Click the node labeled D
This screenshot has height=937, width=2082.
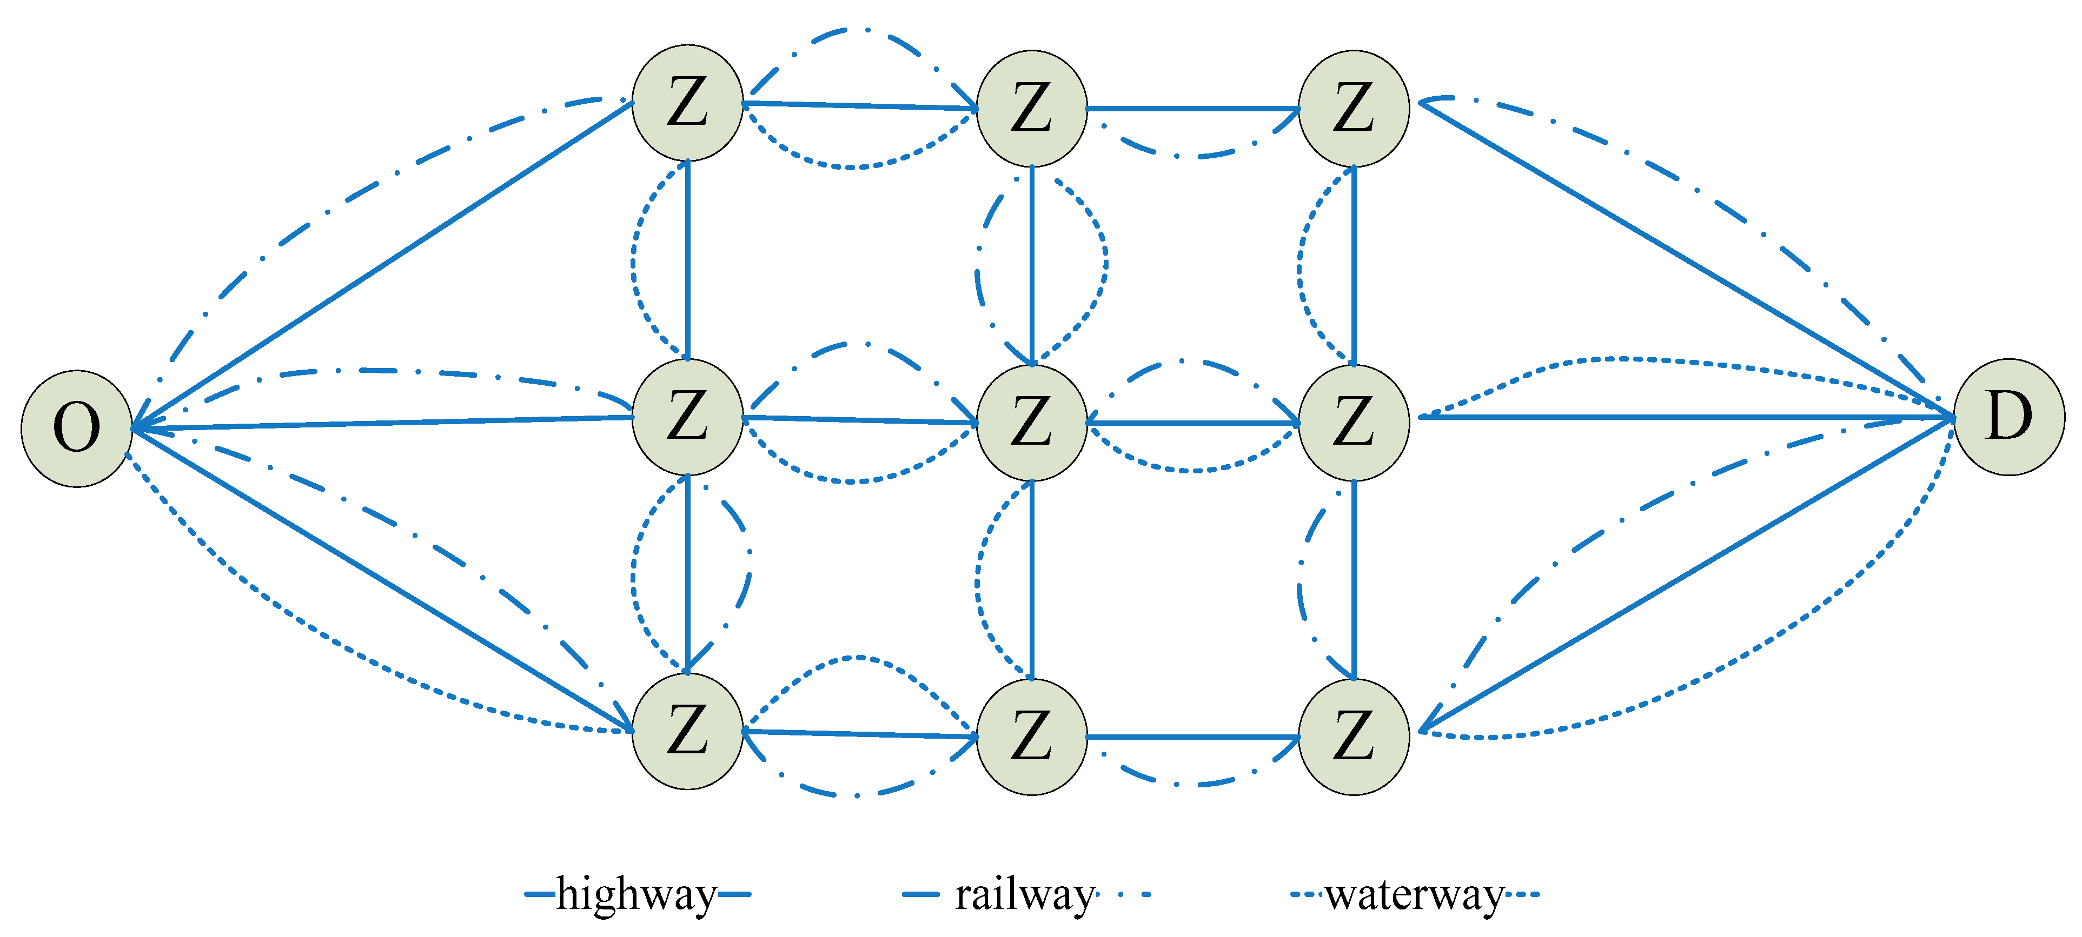[2008, 417]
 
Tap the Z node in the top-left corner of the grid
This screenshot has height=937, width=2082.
[687, 103]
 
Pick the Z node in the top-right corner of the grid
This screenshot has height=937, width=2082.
[1354, 108]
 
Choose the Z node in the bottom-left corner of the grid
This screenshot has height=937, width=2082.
[687, 731]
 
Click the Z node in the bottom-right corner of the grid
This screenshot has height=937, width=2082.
[1354, 737]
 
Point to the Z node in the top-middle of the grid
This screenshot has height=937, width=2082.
[1031, 108]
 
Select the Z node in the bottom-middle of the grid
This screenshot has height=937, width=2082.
[1031, 737]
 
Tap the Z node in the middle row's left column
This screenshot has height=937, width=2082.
[687, 417]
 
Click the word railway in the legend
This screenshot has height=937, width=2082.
[1024, 895]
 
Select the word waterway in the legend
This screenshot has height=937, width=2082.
[1414, 895]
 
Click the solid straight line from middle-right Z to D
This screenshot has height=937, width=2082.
[1681, 417]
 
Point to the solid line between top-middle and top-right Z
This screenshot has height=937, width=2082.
[1192, 108]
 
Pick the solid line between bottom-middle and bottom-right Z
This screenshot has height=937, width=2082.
[1192, 737]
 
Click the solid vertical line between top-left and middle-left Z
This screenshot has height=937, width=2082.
[687, 258]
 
